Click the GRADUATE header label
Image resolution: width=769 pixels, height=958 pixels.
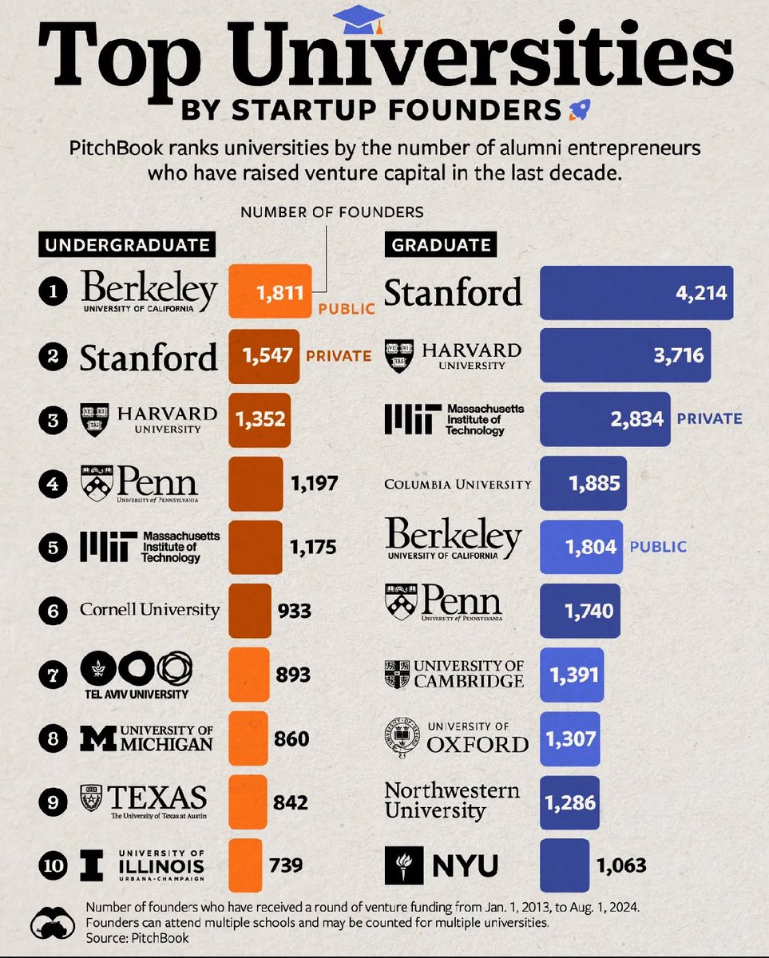(441, 244)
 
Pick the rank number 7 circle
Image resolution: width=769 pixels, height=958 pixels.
(53, 675)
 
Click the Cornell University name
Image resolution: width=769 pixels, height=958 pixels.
(149, 610)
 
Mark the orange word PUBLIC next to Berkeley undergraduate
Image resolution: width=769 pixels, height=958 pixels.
(346, 309)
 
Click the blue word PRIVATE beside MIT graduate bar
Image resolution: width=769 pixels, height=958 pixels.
(709, 418)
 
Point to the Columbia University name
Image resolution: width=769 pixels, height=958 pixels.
(458, 484)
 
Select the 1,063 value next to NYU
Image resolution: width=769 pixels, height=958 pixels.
(620, 865)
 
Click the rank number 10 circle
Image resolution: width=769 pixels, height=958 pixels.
(53, 865)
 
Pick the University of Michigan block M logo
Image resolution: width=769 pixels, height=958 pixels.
(97, 738)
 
